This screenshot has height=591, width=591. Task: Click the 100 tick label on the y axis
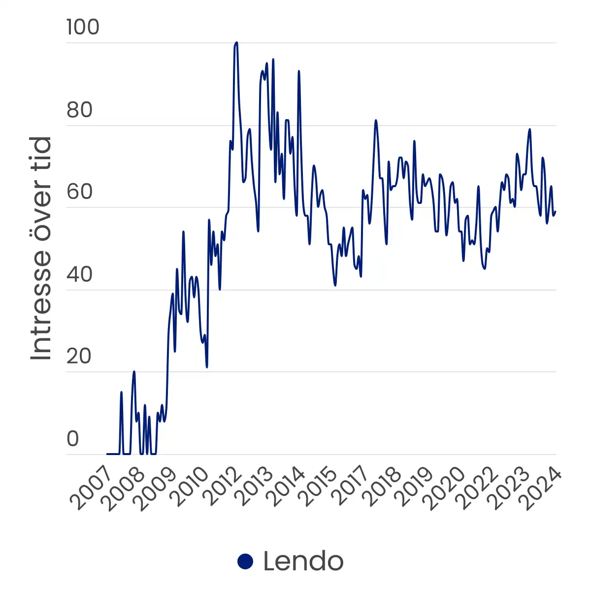(83, 27)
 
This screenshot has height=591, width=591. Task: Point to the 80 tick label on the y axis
(80, 110)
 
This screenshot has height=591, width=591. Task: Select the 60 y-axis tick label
(80, 192)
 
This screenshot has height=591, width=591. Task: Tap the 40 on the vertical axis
(80, 274)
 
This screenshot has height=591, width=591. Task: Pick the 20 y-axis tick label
(80, 356)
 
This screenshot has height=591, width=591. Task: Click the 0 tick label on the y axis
(73, 438)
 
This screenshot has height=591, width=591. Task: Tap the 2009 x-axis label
(155, 488)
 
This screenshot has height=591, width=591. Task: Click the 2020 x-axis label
(448, 488)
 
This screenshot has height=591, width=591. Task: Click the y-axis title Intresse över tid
(41, 249)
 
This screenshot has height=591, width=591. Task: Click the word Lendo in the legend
(303, 561)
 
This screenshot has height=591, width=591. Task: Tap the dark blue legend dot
(245, 561)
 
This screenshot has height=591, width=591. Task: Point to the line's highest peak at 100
(236, 43)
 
